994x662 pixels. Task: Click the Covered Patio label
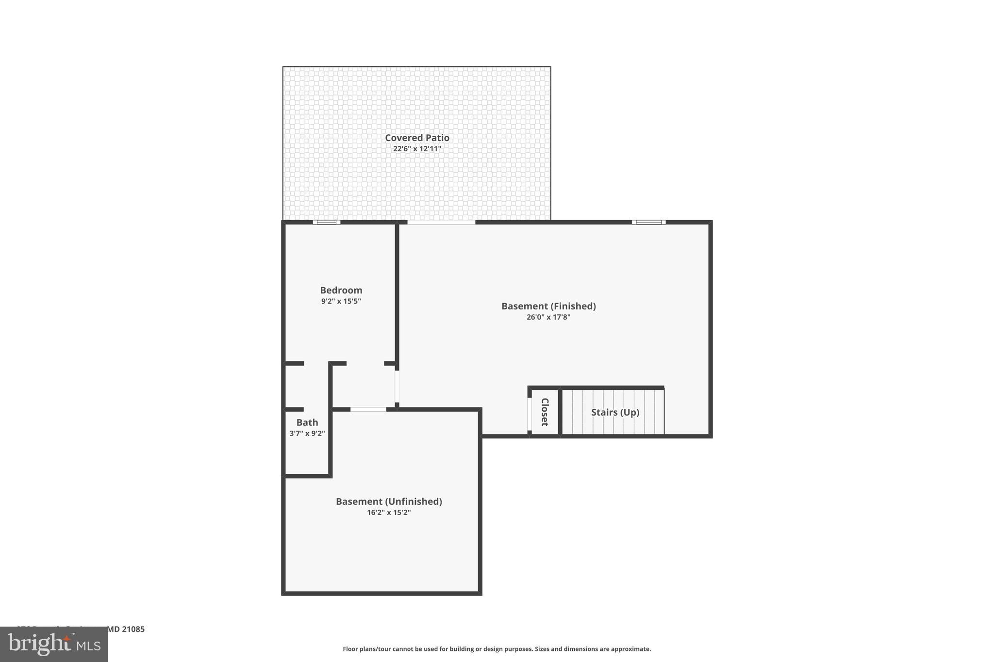[417, 138]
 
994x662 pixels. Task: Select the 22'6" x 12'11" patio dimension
[417, 149]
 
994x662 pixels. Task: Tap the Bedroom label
[341, 290]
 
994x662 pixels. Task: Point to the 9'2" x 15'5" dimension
[341, 301]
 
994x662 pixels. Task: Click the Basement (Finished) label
[548, 306]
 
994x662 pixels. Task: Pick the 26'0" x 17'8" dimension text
[548, 317]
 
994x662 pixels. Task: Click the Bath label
[307, 422]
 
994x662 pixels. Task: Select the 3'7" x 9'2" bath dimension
[307, 434]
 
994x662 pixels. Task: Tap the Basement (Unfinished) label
[389, 501]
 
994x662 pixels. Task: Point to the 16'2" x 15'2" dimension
[389, 513]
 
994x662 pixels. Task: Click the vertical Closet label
[545, 412]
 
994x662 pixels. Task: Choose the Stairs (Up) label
[615, 412]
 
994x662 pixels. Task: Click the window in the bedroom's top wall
[326, 222]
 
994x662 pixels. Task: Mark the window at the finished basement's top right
[648, 222]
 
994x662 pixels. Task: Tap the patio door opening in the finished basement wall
[441, 222]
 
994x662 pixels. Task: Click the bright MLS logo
[54, 645]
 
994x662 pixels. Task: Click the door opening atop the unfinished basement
[368, 409]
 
